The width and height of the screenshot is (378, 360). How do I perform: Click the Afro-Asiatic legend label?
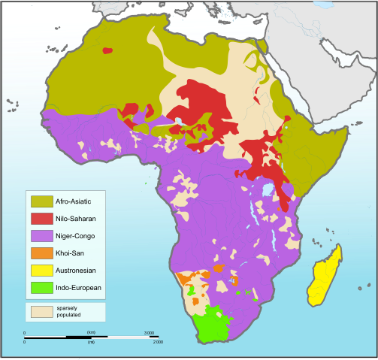(76, 201)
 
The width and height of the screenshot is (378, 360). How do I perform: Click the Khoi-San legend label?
(69, 253)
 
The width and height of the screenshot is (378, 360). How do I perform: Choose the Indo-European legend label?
(78, 287)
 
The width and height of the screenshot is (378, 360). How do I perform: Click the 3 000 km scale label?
(149, 332)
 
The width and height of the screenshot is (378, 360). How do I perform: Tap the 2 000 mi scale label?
(157, 342)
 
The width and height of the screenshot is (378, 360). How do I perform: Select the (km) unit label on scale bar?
(91, 332)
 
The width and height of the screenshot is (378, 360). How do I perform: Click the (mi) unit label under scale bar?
(91, 342)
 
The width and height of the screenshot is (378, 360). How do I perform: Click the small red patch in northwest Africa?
(107, 50)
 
